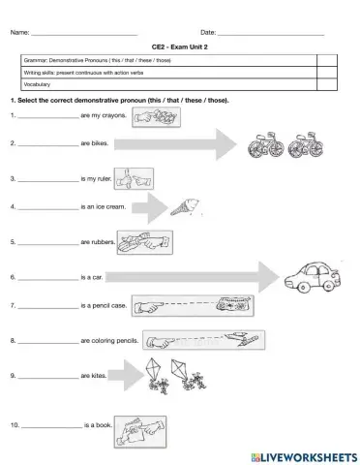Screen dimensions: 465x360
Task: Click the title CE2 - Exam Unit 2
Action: coord(179,46)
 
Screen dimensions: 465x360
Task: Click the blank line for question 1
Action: coord(47,115)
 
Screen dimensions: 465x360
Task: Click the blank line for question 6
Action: coord(47,277)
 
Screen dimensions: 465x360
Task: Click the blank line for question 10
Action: coord(51,426)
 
